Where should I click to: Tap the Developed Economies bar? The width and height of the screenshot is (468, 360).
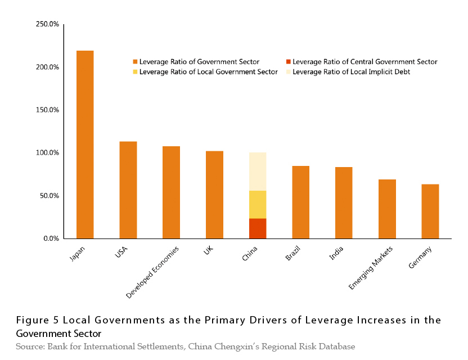tap(171, 192)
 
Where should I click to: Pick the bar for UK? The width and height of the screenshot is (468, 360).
tap(214, 195)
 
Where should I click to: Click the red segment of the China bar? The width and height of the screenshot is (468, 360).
tap(258, 228)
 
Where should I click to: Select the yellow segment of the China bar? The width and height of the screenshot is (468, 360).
tap(258, 205)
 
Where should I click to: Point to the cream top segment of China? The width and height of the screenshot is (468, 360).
tap(258, 172)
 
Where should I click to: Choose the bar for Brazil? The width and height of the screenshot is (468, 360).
tap(300, 202)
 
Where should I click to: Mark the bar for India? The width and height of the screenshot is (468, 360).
tap(344, 203)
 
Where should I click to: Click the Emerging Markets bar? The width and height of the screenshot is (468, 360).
tap(387, 209)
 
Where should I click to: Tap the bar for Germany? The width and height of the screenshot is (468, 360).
tap(430, 211)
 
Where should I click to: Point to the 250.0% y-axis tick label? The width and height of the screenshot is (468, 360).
tap(47, 24)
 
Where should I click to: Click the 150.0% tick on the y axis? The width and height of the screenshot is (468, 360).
tap(47, 110)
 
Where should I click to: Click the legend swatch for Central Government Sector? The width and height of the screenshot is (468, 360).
tap(288, 62)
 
